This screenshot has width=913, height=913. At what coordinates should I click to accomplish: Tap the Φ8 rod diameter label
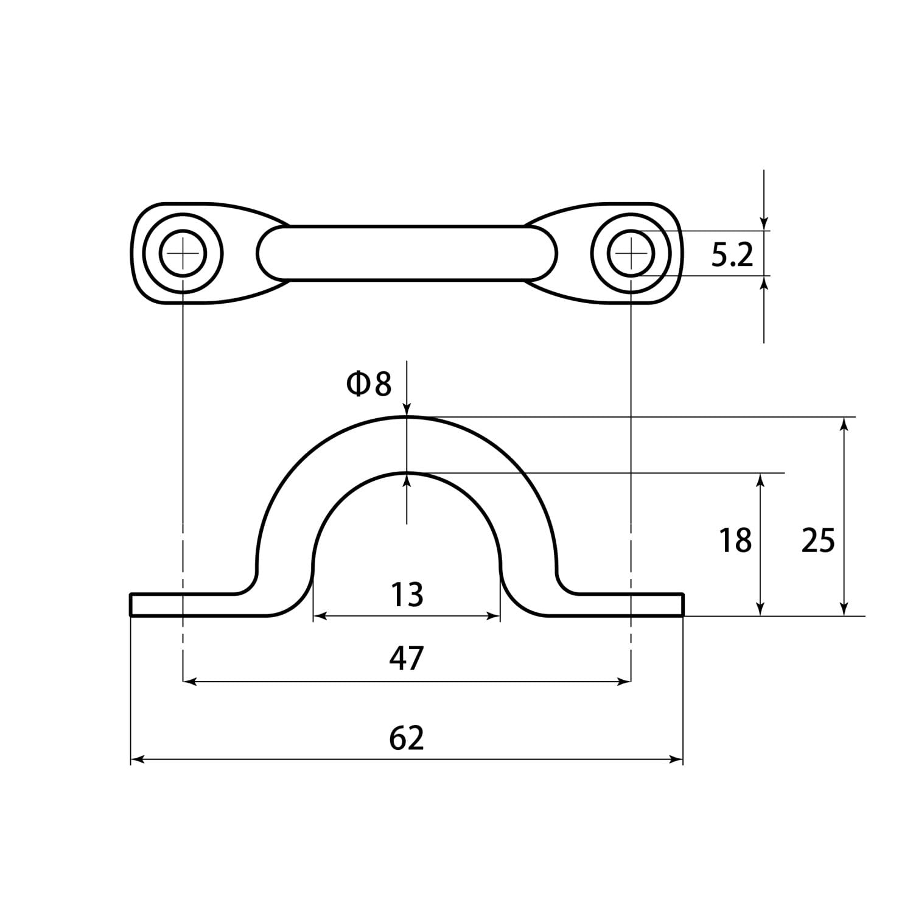369,384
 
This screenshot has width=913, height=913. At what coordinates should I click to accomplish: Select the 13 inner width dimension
407,595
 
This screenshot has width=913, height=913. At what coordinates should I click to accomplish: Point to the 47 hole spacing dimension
407,659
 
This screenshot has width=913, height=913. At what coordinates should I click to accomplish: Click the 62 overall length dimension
407,738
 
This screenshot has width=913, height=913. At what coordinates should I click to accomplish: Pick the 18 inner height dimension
735,540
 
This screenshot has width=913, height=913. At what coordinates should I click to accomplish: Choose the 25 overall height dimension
818,540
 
